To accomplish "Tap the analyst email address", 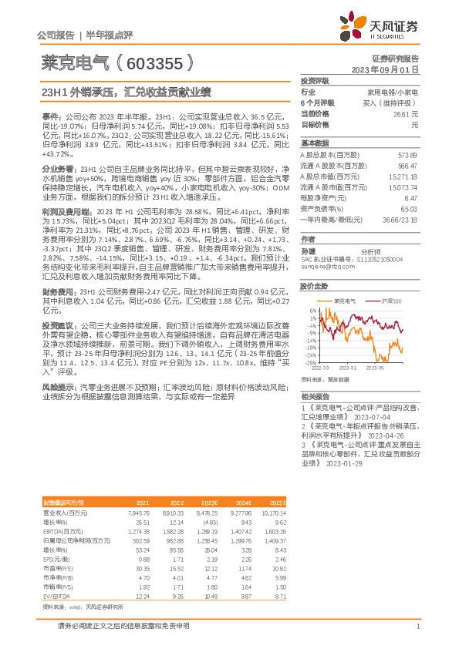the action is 323,266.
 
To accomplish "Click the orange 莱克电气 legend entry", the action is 342,300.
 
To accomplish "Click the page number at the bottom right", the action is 417,627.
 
